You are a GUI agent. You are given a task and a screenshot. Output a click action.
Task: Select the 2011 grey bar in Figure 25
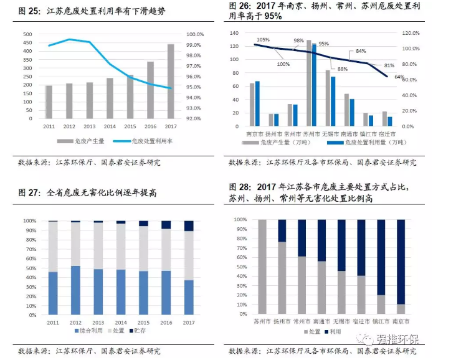(49, 102)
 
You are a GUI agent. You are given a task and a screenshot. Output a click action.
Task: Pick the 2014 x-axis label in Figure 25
(110, 126)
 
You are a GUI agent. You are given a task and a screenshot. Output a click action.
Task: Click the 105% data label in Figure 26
(263, 40)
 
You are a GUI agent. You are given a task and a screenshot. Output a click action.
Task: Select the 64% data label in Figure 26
(399, 77)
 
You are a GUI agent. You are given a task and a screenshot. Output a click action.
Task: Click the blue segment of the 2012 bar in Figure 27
(75, 290)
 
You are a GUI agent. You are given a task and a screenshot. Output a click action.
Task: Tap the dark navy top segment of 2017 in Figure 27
(189, 225)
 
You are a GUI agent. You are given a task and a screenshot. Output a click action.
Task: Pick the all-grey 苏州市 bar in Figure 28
(262, 267)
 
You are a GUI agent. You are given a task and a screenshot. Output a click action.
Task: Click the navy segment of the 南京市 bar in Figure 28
(401, 262)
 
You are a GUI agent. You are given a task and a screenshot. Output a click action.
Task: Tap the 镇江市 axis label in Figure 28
(381, 321)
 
